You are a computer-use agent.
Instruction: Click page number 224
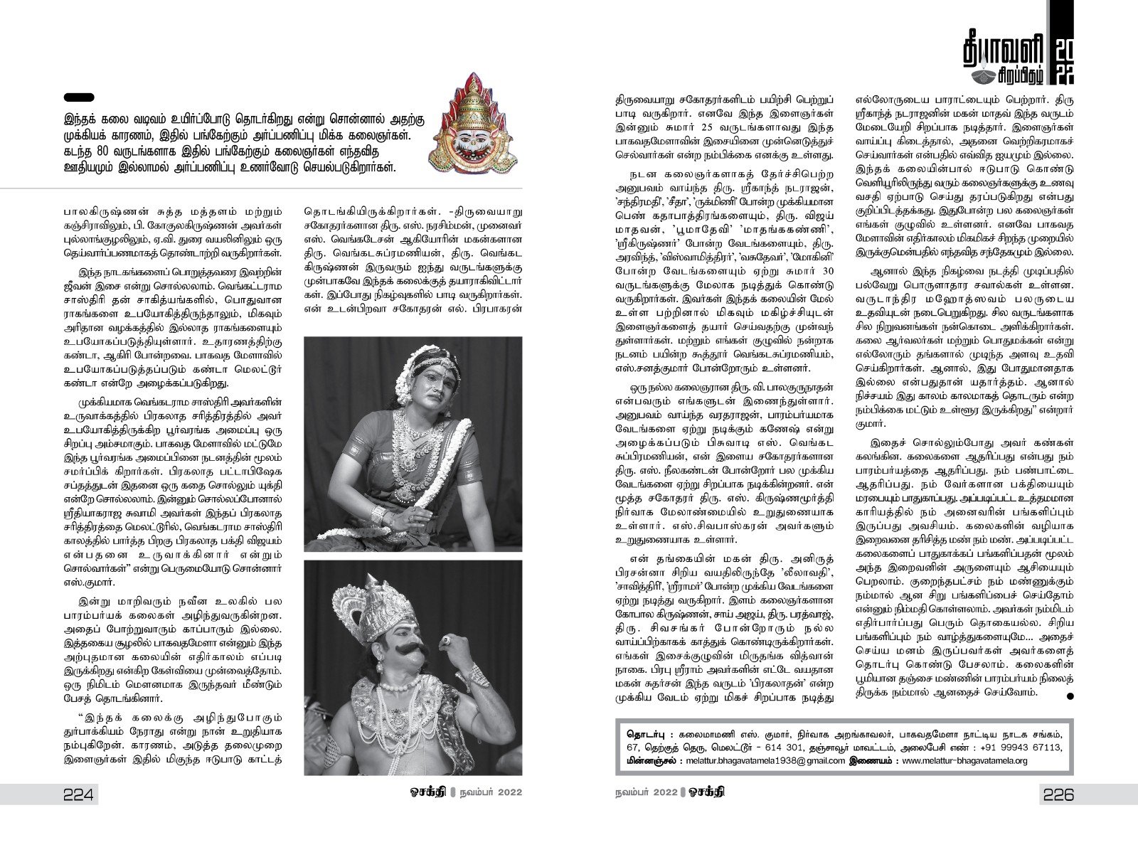(x=79, y=794)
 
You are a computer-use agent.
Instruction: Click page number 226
(x=1057, y=794)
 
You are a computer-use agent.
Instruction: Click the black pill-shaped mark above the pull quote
(x=79, y=97)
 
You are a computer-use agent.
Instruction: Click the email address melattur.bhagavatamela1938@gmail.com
(x=765, y=760)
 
